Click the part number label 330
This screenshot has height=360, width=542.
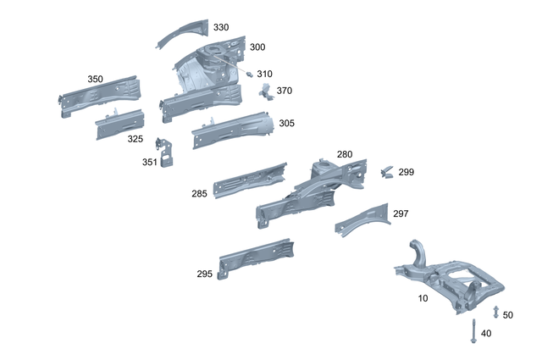point(220,27)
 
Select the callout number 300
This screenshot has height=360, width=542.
point(257,47)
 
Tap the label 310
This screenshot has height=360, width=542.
point(264,74)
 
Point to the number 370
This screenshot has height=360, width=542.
point(284,91)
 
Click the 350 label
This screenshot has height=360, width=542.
point(95,79)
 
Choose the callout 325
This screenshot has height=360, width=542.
point(135,139)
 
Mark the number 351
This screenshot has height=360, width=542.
point(149,162)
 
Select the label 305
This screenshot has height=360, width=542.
point(286,123)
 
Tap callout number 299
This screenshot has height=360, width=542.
point(406,172)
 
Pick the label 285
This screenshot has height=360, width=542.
point(199,194)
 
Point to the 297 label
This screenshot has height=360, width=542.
point(400,213)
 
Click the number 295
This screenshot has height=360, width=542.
point(204,274)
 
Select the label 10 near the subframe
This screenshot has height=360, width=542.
point(423,298)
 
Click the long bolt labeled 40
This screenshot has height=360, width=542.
point(471,330)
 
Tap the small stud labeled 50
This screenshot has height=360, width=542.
point(496,312)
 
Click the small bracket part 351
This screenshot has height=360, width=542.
point(169,153)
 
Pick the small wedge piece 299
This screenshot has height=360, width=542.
point(387,173)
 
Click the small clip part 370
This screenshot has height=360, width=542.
point(266,90)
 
